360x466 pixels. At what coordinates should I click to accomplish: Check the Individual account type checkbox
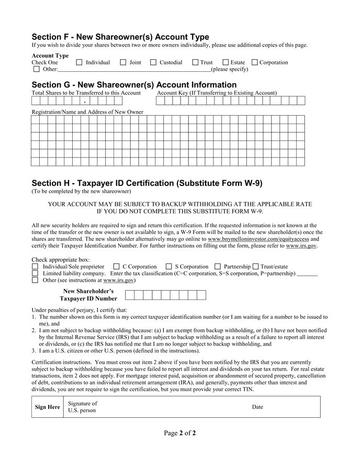pyautogui.click(x=80, y=63)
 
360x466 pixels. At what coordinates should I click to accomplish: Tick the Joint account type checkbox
pyautogui.click(x=123, y=63)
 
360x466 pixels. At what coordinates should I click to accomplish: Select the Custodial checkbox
pyautogui.click(x=153, y=63)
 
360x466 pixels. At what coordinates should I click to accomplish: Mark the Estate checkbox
pyautogui.click(x=226, y=63)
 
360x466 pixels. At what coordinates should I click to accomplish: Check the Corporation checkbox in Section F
pyautogui.click(x=255, y=63)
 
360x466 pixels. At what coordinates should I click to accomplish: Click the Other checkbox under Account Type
pyautogui.click(x=36, y=69)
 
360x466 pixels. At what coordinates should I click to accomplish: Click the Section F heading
pyautogui.click(x=120, y=37)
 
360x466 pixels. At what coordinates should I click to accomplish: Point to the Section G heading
pyautogui.click(x=134, y=85)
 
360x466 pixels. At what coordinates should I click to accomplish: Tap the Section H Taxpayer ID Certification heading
pyautogui.click(x=147, y=183)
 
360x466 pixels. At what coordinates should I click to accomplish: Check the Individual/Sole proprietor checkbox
pyautogui.click(x=35, y=267)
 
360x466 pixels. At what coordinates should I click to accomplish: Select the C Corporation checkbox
pyautogui.click(x=116, y=267)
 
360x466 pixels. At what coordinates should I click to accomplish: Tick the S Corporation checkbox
pyautogui.click(x=168, y=267)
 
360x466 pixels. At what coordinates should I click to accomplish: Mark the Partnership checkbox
pyautogui.click(x=218, y=267)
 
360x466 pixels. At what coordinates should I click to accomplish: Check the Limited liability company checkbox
pyautogui.click(x=35, y=273)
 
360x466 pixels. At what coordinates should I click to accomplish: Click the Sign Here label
pyautogui.click(x=47, y=407)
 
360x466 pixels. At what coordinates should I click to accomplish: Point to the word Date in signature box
pyautogui.click(x=257, y=407)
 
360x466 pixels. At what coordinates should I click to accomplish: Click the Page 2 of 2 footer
pyautogui.click(x=179, y=433)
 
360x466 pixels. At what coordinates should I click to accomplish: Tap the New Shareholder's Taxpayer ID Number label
pyautogui.click(x=88, y=295)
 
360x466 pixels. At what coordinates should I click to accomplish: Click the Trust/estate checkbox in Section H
pyautogui.click(x=256, y=267)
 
